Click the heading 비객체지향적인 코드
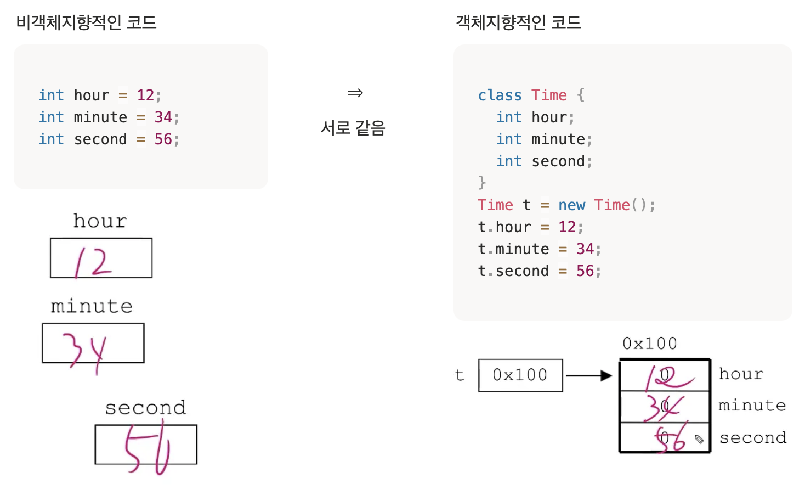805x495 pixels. coord(86,22)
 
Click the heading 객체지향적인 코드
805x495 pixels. coord(518,22)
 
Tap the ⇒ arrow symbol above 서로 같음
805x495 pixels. coord(355,93)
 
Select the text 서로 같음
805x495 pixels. coord(353,128)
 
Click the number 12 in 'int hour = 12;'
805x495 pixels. coord(145,95)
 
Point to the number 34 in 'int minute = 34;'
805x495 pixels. coord(163,117)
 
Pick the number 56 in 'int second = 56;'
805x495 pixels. coord(163,139)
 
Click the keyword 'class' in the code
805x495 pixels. coord(500,95)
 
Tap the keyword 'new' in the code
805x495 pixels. coord(571,205)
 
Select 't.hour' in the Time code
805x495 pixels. coord(504,227)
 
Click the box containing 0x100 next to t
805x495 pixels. coord(520,375)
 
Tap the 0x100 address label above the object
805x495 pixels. coord(650,344)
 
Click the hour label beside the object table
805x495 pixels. coord(741,374)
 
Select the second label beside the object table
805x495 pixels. coord(752,438)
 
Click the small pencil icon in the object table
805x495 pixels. coord(699,439)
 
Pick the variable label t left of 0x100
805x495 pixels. coord(460,375)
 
